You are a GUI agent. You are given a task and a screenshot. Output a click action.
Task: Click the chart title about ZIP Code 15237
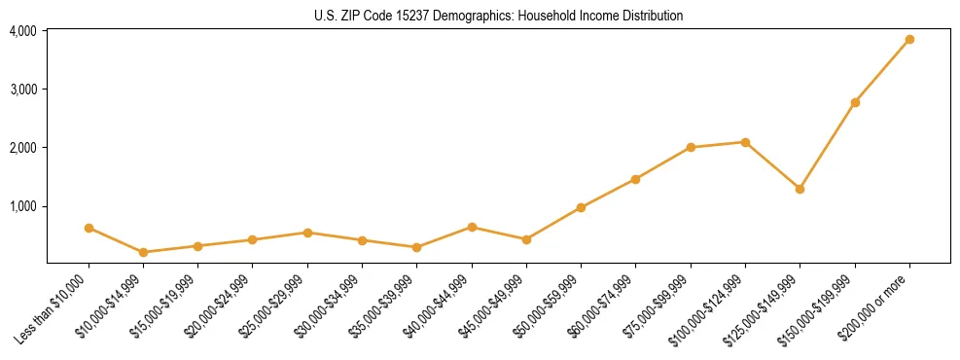tap(498, 16)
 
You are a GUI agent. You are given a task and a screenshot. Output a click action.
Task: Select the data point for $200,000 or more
tap(909, 40)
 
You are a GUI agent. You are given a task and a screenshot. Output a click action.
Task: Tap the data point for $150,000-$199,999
tap(855, 102)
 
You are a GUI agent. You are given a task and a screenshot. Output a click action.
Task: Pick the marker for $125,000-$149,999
tap(800, 189)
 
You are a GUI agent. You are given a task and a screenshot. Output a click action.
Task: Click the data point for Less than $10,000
tap(89, 228)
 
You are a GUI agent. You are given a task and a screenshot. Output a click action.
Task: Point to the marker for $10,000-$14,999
tap(144, 252)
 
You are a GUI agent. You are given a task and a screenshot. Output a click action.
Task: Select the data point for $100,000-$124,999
tap(745, 142)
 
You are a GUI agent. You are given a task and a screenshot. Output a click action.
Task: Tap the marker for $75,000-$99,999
tap(691, 147)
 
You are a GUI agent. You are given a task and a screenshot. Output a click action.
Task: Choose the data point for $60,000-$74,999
tap(635, 179)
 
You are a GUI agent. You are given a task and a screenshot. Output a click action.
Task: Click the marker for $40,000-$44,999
tap(472, 227)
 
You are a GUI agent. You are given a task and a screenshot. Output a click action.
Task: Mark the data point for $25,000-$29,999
tap(307, 233)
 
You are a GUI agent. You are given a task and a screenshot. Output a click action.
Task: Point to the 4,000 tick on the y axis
tap(22, 31)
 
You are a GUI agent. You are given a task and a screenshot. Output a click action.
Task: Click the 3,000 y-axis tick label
tap(22, 90)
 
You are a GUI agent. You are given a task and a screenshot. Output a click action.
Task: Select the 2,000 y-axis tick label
tap(22, 148)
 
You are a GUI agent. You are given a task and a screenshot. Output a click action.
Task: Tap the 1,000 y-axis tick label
tap(22, 206)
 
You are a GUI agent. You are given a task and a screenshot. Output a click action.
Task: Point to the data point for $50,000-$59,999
tap(581, 207)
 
